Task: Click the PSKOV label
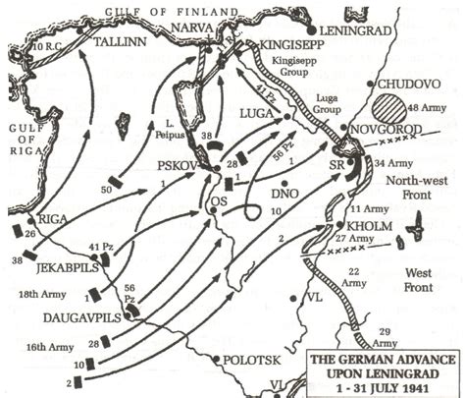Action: tap(181, 168)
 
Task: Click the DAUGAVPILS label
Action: tap(77, 317)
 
